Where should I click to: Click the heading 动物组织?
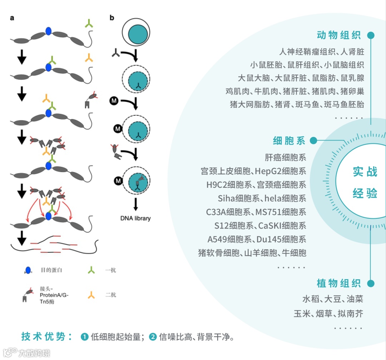pos(339,35)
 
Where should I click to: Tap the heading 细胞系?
pos(289,140)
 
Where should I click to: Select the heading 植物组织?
pos(339,283)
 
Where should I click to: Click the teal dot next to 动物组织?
pos(371,35)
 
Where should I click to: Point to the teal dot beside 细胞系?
pos(313,140)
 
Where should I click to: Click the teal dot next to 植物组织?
pos(371,284)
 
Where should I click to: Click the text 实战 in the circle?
pos(365,172)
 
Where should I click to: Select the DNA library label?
pos(136,218)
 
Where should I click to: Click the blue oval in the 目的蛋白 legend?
pos(28,270)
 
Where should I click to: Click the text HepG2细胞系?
pos(281,171)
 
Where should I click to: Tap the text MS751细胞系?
pos(281,212)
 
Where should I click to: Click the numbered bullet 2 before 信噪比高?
pos(153,337)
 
